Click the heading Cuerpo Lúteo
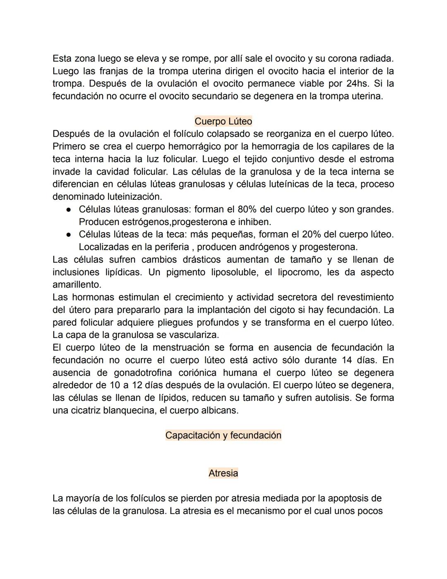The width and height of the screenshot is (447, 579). [223, 121]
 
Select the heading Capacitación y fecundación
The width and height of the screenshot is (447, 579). [223, 435]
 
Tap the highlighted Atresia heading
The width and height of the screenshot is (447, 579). [223, 473]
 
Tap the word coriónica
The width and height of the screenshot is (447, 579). [197, 373]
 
